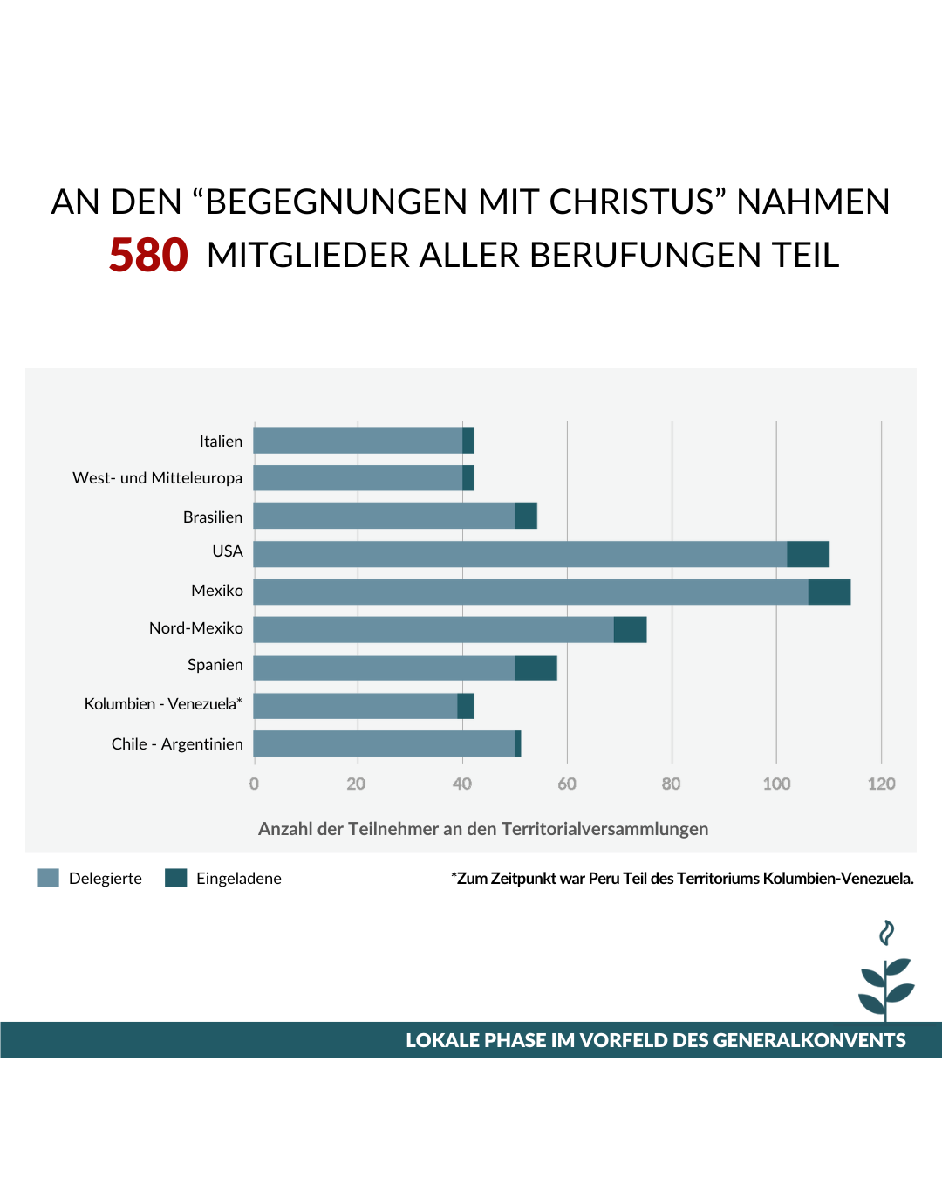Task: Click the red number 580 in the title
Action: [x=148, y=256]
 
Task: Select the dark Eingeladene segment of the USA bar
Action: [x=808, y=554]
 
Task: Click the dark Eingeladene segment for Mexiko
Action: [x=829, y=592]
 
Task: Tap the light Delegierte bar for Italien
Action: [x=358, y=441]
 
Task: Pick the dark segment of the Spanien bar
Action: [x=536, y=668]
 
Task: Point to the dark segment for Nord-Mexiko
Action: [x=630, y=629]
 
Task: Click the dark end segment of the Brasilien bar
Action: [x=525, y=516]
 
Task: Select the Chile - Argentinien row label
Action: [x=177, y=744]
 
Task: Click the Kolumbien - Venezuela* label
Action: [x=163, y=704]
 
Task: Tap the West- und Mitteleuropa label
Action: [x=158, y=478]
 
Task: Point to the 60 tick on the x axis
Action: [x=567, y=784]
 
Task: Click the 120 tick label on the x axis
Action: [x=881, y=784]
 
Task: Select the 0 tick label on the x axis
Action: [x=254, y=784]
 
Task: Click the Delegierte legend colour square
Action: [x=48, y=878]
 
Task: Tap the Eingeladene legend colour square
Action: [x=176, y=878]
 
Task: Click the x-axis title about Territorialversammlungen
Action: [x=483, y=829]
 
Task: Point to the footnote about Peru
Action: [x=682, y=879]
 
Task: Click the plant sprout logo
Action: [x=885, y=973]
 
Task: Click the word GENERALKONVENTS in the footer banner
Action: [x=809, y=1040]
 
